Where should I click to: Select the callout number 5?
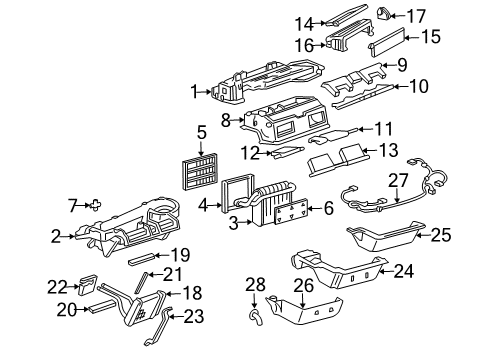[x=201, y=131]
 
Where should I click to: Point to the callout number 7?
[x=71, y=205]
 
